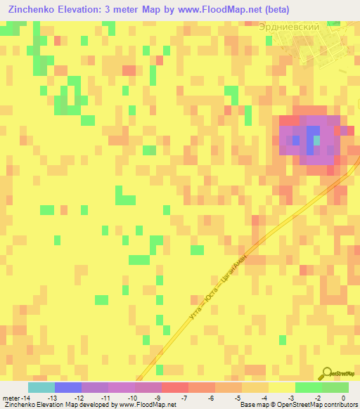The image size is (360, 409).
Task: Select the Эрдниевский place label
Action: point(289,26)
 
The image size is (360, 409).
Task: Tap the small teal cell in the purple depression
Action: point(316,141)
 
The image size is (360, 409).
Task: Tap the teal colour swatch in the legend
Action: point(41,387)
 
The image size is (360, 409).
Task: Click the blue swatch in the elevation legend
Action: point(68,387)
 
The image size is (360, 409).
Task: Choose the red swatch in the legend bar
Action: point(175,387)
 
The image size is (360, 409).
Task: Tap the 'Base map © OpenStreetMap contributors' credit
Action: point(297,405)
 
